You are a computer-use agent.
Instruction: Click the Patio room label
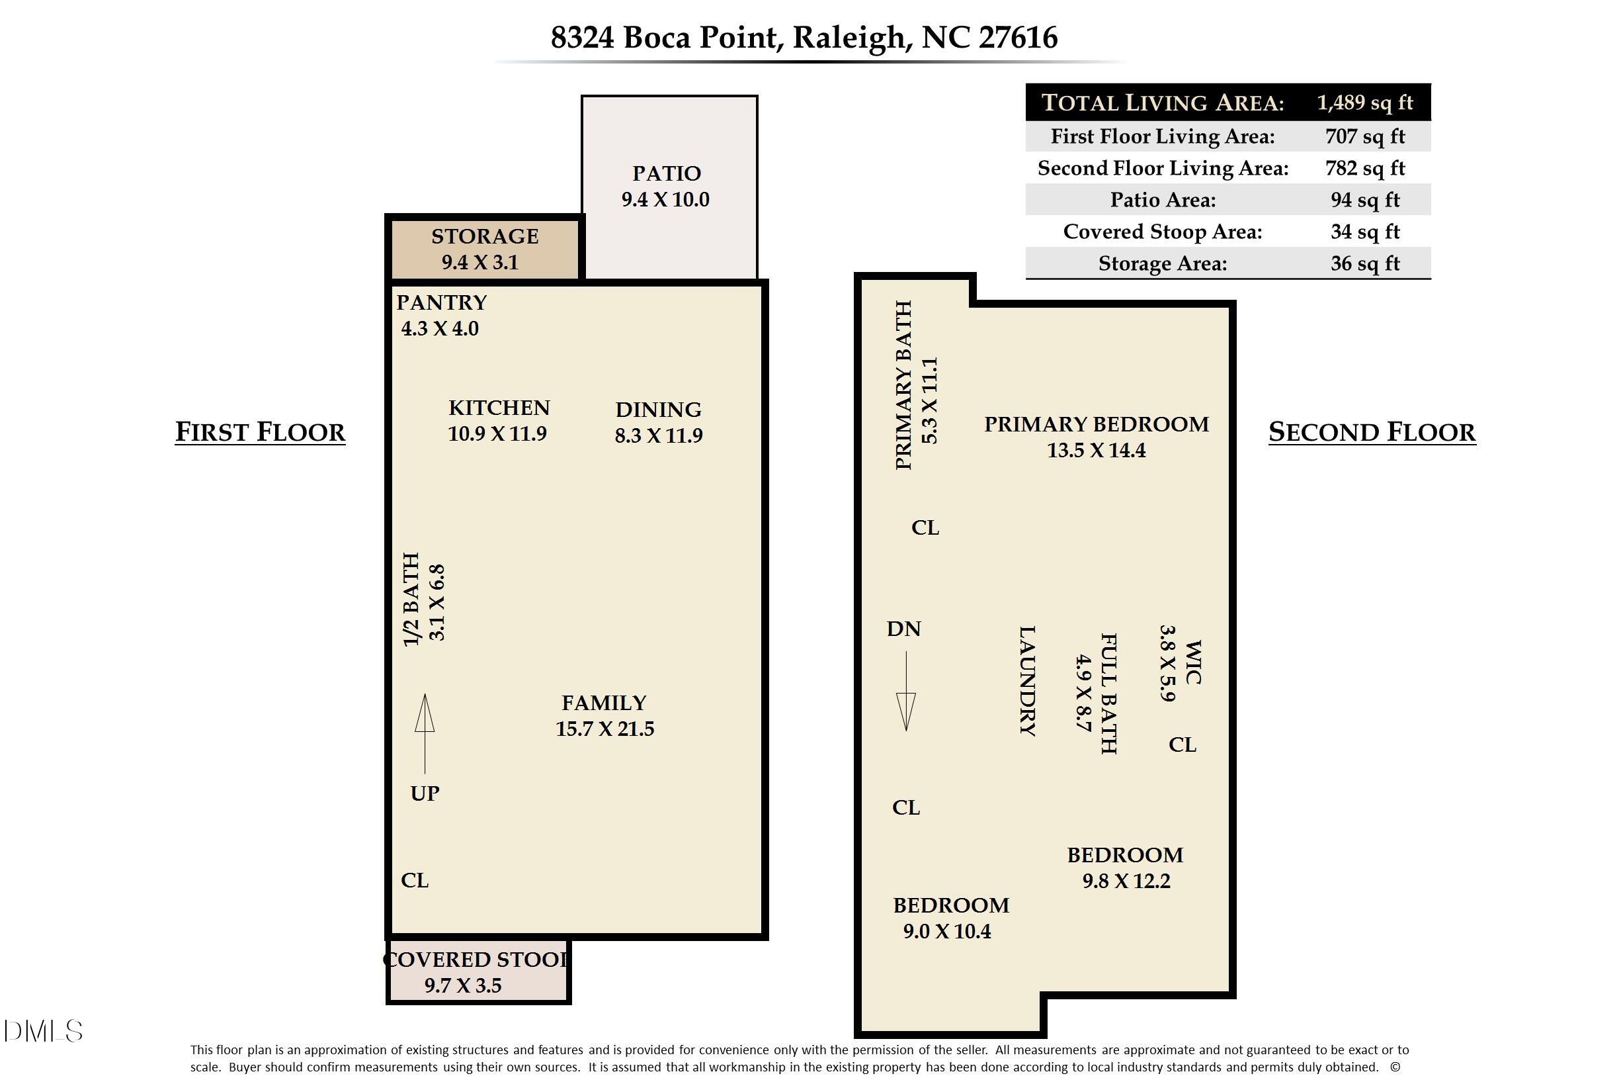click(x=665, y=173)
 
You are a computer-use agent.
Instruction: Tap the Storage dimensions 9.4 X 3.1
click(x=479, y=263)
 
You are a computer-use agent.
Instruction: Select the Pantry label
click(x=441, y=302)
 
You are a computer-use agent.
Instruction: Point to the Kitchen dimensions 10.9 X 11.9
click(x=497, y=434)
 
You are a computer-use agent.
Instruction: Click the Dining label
click(x=658, y=410)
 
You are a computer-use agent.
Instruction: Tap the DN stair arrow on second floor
click(x=905, y=691)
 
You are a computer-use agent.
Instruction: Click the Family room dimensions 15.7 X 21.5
click(x=604, y=729)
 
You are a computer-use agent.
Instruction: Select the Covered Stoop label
click(x=476, y=960)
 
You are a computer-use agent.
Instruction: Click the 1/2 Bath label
click(x=411, y=600)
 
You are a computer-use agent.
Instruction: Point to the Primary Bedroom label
click(x=1096, y=424)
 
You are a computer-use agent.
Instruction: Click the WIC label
click(x=1192, y=662)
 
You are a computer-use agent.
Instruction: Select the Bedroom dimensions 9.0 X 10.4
click(x=946, y=931)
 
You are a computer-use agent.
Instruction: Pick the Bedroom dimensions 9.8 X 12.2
click(x=1126, y=881)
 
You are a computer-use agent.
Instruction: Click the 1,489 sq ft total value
click(x=1364, y=103)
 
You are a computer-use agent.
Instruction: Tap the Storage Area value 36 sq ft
click(x=1364, y=263)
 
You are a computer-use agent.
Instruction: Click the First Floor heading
click(x=260, y=432)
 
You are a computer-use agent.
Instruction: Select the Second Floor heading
click(x=1372, y=432)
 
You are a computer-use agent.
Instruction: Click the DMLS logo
click(x=43, y=1031)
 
